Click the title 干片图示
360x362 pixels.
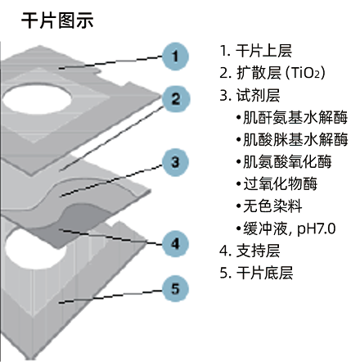coord(57,20)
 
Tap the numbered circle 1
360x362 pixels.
coord(175,57)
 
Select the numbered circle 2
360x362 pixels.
coord(176,99)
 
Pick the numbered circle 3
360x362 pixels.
coord(175,162)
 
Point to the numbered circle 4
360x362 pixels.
coord(175,244)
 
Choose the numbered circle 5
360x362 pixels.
coord(175,288)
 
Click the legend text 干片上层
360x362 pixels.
coord(263,51)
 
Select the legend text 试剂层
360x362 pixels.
coord(258,95)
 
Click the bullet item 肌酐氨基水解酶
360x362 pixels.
coord(295,117)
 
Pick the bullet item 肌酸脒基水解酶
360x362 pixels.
coord(295,139)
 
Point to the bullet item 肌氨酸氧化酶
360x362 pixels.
coord(287,161)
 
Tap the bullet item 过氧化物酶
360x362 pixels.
coord(280,183)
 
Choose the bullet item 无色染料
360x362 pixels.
coord(272,206)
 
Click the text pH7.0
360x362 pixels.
coord(317,229)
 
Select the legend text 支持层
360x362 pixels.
coord(258,251)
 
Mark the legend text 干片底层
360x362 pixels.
coord(264,273)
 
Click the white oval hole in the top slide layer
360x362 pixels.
coord(37,99)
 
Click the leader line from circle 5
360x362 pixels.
coord(110,296)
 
